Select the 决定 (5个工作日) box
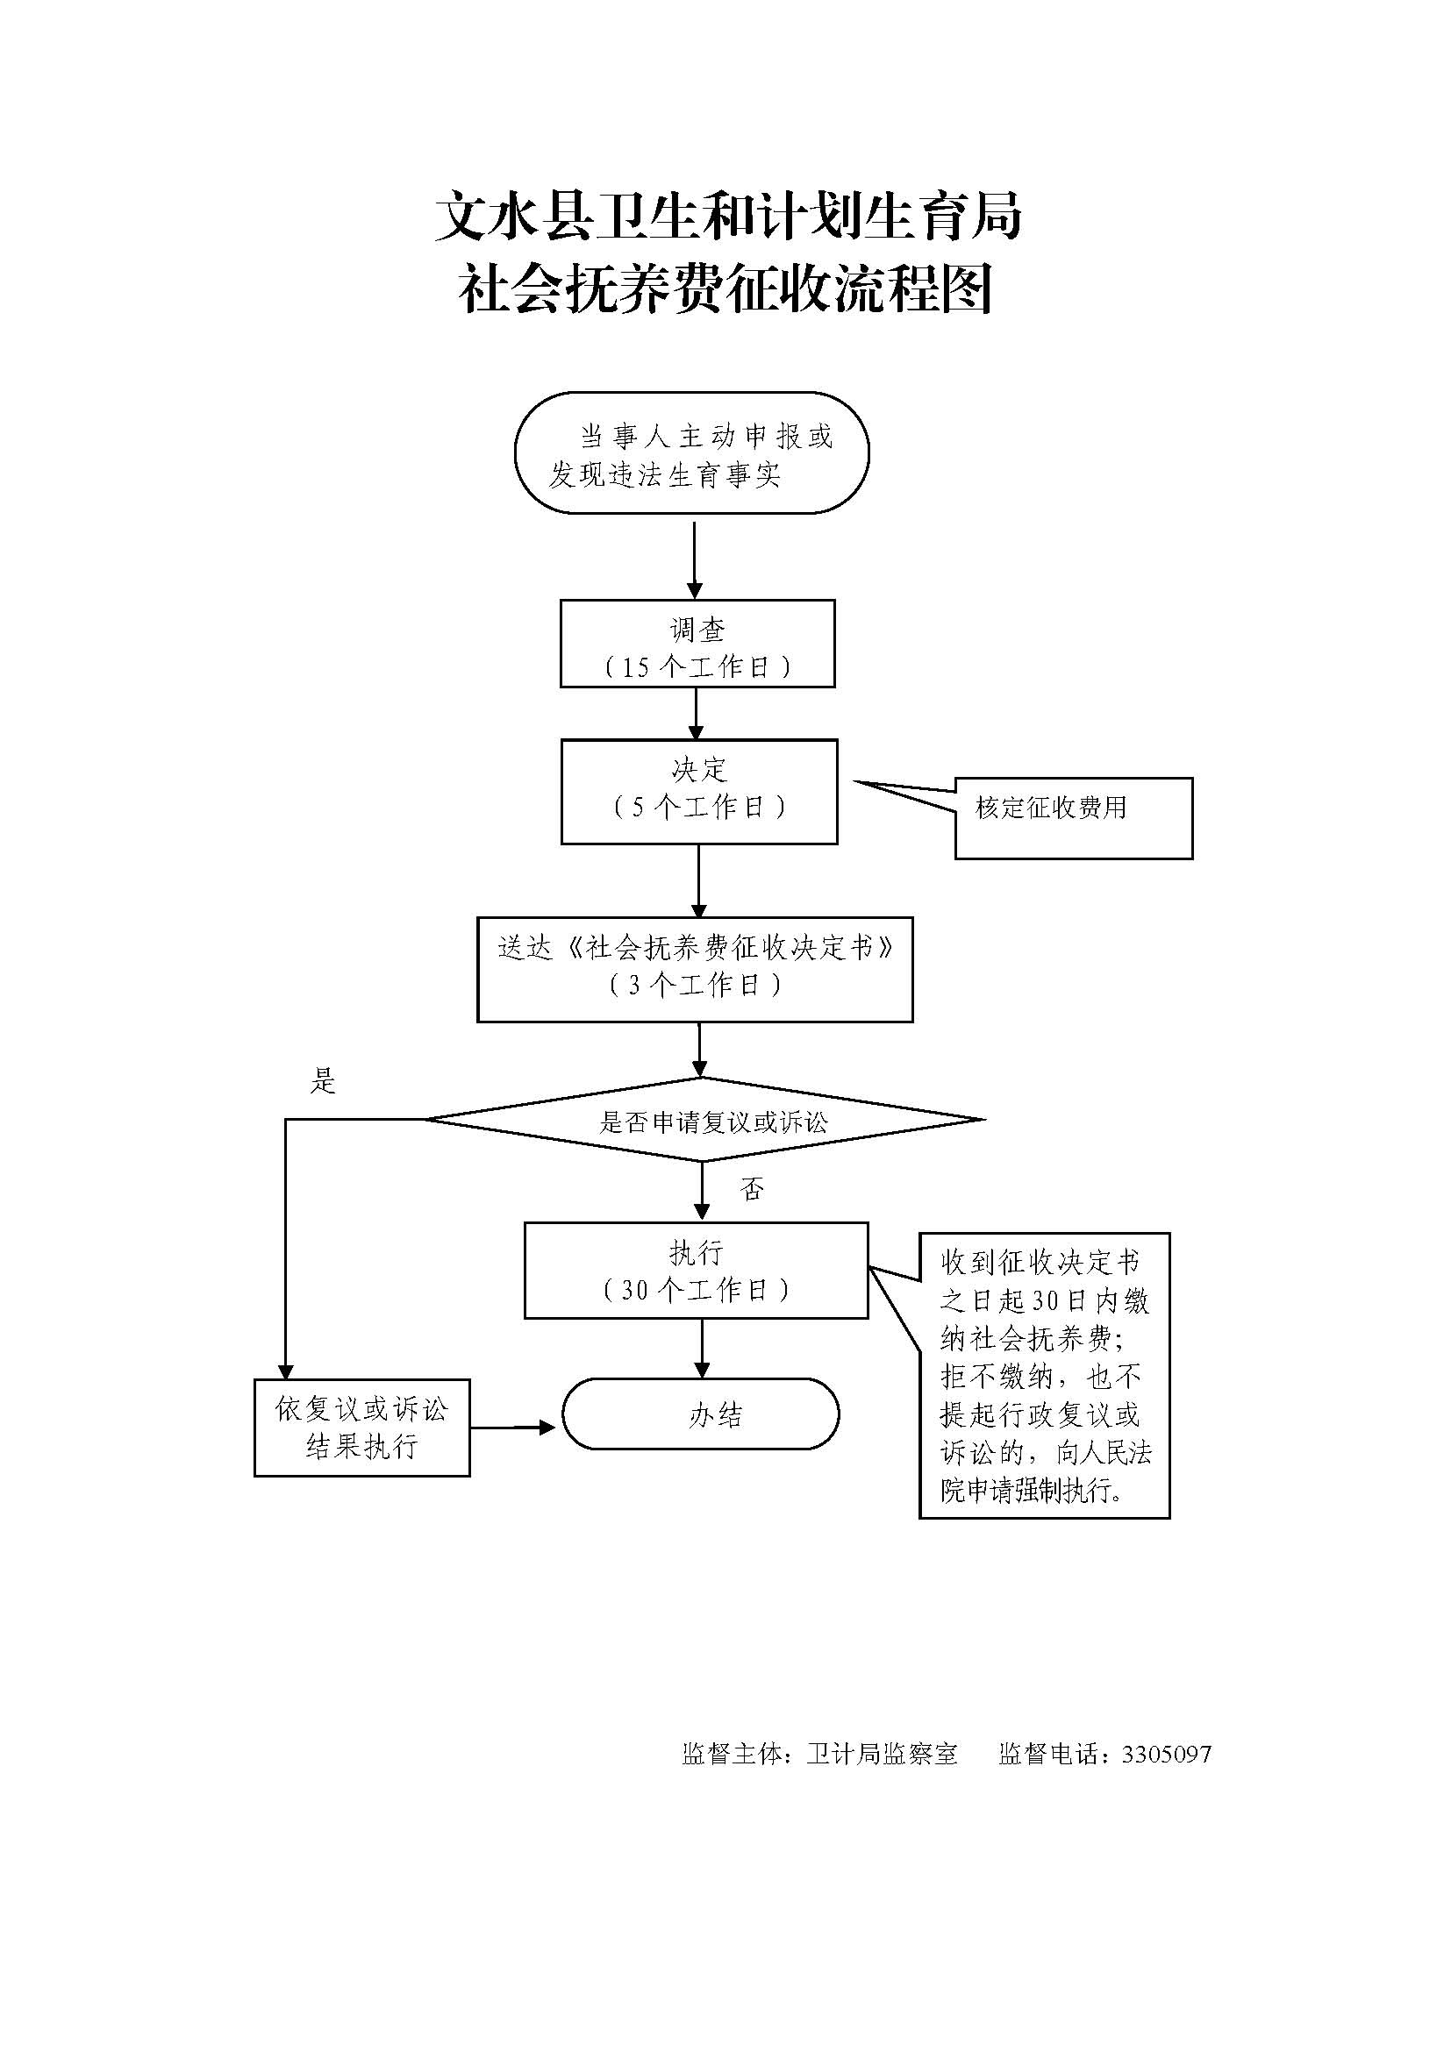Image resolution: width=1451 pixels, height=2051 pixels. click(x=698, y=792)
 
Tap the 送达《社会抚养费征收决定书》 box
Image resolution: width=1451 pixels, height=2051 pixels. click(x=694, y=969)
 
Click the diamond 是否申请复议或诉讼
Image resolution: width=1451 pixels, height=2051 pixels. click(x=704, y=1120)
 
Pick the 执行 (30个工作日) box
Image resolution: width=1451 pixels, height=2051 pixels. click(x=695, y=1271)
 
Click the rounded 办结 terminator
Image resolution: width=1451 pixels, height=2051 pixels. click(x=700, y=1414)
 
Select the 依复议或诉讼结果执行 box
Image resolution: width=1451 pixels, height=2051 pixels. click(x=361, y=1428)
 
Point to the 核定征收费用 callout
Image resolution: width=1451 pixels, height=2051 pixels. click(x=1072, y=817)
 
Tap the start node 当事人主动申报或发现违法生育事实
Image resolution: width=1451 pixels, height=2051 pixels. click(x=691, y=452)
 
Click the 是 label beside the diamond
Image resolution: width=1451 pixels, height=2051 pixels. click(x=323, y=1082)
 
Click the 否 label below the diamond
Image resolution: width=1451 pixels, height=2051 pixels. click(x=752, y=1189)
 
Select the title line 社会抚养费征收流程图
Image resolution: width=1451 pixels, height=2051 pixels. click(x=725, y=290)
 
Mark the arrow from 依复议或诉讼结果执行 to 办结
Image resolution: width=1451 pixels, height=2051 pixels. click(x=514, y=1428)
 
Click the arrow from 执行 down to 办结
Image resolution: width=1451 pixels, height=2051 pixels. click(x=703, y=1348)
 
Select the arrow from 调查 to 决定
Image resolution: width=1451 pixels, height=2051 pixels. click(x=696, y=714)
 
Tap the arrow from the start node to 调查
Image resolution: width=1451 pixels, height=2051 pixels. click(x=694, y=559)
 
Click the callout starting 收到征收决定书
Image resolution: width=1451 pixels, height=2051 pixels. click(x=1044, y=1377)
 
